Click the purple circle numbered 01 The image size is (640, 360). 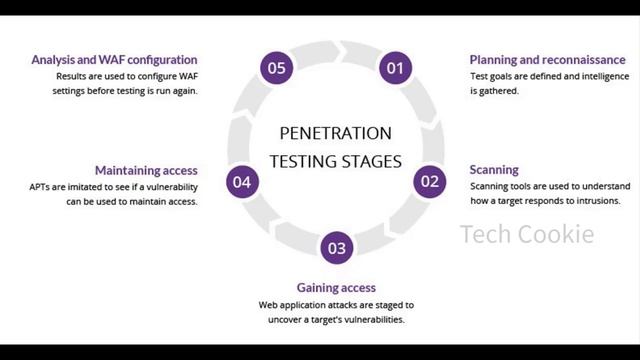click(x=394, y=68)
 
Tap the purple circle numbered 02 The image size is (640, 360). click(x=429, y=181)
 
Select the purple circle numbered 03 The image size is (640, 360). click(x=336, y=248)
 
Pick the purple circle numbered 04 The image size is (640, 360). click(x=242, y=181)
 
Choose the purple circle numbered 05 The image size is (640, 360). click(x=276, y=68)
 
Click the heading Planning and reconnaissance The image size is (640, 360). click(x=547, y=60)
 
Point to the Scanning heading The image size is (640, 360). click(x=494, y=170)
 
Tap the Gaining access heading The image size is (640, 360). click(x=336, y=288)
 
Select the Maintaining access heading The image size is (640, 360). click(x=146, y=170)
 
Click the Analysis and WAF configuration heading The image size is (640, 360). click(x=114, y=60)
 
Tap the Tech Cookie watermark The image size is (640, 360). click(x=527, y=235)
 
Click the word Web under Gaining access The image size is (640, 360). click(x=268, y=304)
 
